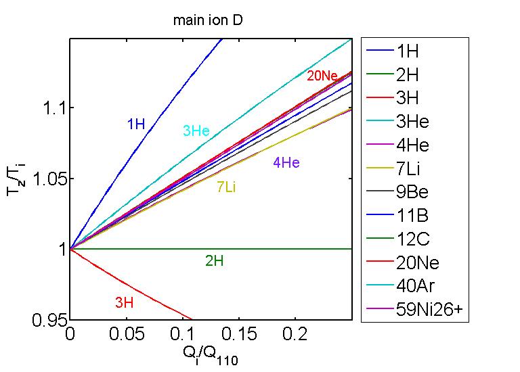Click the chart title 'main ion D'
pos(208,20)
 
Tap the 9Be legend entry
pos(412,192)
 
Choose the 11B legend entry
pos(412,216)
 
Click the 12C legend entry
pos(413,239)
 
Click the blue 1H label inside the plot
pos(136,124)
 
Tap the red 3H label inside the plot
pos(124,303)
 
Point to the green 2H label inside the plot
pos(214,260)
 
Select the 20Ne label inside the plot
pos(322,76)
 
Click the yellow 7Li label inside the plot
pos(226,187)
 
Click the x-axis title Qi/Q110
pos(211,354)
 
